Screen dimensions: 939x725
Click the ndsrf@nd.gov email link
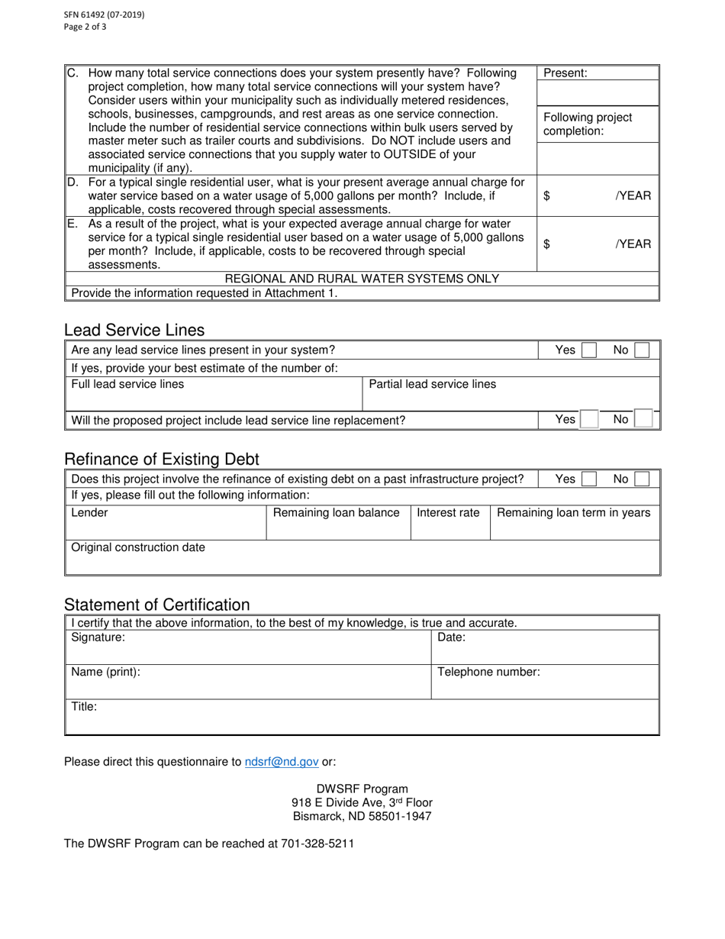282,761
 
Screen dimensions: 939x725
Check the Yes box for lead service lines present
589,350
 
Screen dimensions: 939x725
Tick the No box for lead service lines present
643,350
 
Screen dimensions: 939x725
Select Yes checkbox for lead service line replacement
589,419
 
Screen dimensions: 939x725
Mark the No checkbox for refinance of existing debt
643,479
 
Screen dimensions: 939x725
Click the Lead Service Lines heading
134,330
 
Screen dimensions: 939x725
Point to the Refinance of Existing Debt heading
162,460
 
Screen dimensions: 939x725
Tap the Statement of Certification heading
157,605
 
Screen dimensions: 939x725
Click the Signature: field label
98,637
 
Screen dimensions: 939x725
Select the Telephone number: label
488,672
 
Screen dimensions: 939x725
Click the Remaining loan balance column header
337,512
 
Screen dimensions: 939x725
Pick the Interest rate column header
448,512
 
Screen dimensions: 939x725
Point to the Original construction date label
138,547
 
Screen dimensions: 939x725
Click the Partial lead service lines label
433,384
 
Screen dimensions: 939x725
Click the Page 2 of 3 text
85,27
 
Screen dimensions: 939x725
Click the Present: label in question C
565,73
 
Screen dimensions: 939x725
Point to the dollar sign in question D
546,195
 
